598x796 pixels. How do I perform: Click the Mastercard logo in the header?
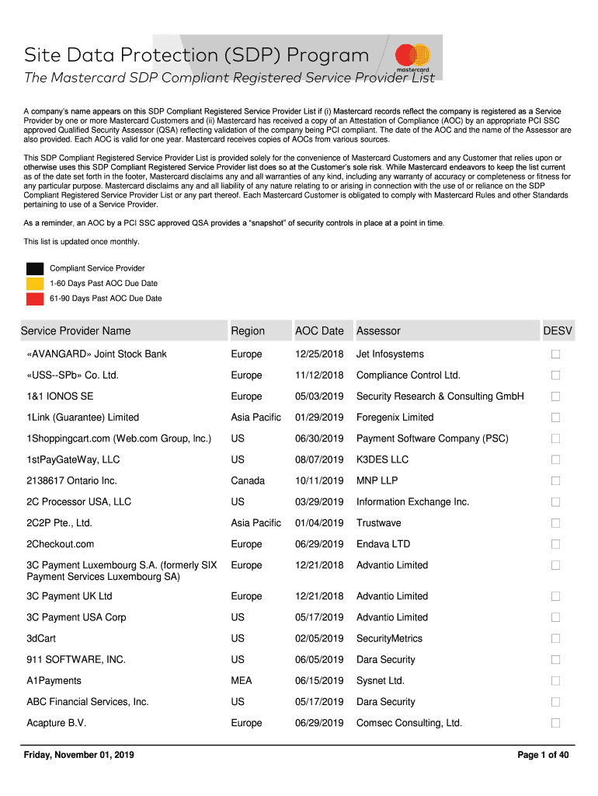(412, 57)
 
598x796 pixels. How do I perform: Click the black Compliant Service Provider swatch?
(35, 268)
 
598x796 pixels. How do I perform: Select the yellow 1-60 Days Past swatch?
(35, 284)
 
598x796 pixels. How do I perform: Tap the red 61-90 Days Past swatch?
(35, 298)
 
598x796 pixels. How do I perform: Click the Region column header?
(248, 331)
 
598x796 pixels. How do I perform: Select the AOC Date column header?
(319, 331)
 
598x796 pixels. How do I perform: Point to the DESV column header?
(558, 331)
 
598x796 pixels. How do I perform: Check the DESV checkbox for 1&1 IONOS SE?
(555, 396)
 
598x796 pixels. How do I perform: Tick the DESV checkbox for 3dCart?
(555, 638)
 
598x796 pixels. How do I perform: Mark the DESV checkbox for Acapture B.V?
(555, 723)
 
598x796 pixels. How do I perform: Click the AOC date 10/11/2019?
(319, 480)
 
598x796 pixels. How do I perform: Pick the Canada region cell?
(248, 480)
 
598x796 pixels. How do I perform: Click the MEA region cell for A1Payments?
(242, 681)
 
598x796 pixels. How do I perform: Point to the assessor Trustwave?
(378, 523)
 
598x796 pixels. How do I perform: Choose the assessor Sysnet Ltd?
(380, 681)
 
